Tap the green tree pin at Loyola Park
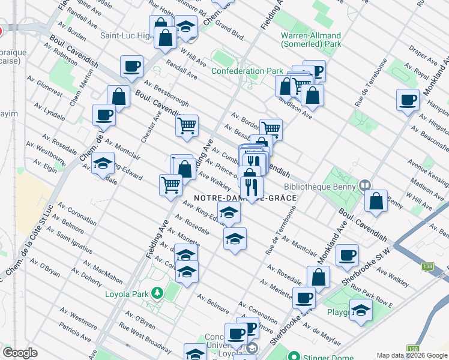tap(157, 293)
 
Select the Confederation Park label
tap(247, 71)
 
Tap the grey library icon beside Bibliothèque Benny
tap(364, 185)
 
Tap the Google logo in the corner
tap(20, 352)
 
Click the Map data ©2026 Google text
tap(411, 355)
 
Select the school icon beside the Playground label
tap(361, 311)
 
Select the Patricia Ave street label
tap(74, 332)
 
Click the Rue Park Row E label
tap(372, 296)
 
